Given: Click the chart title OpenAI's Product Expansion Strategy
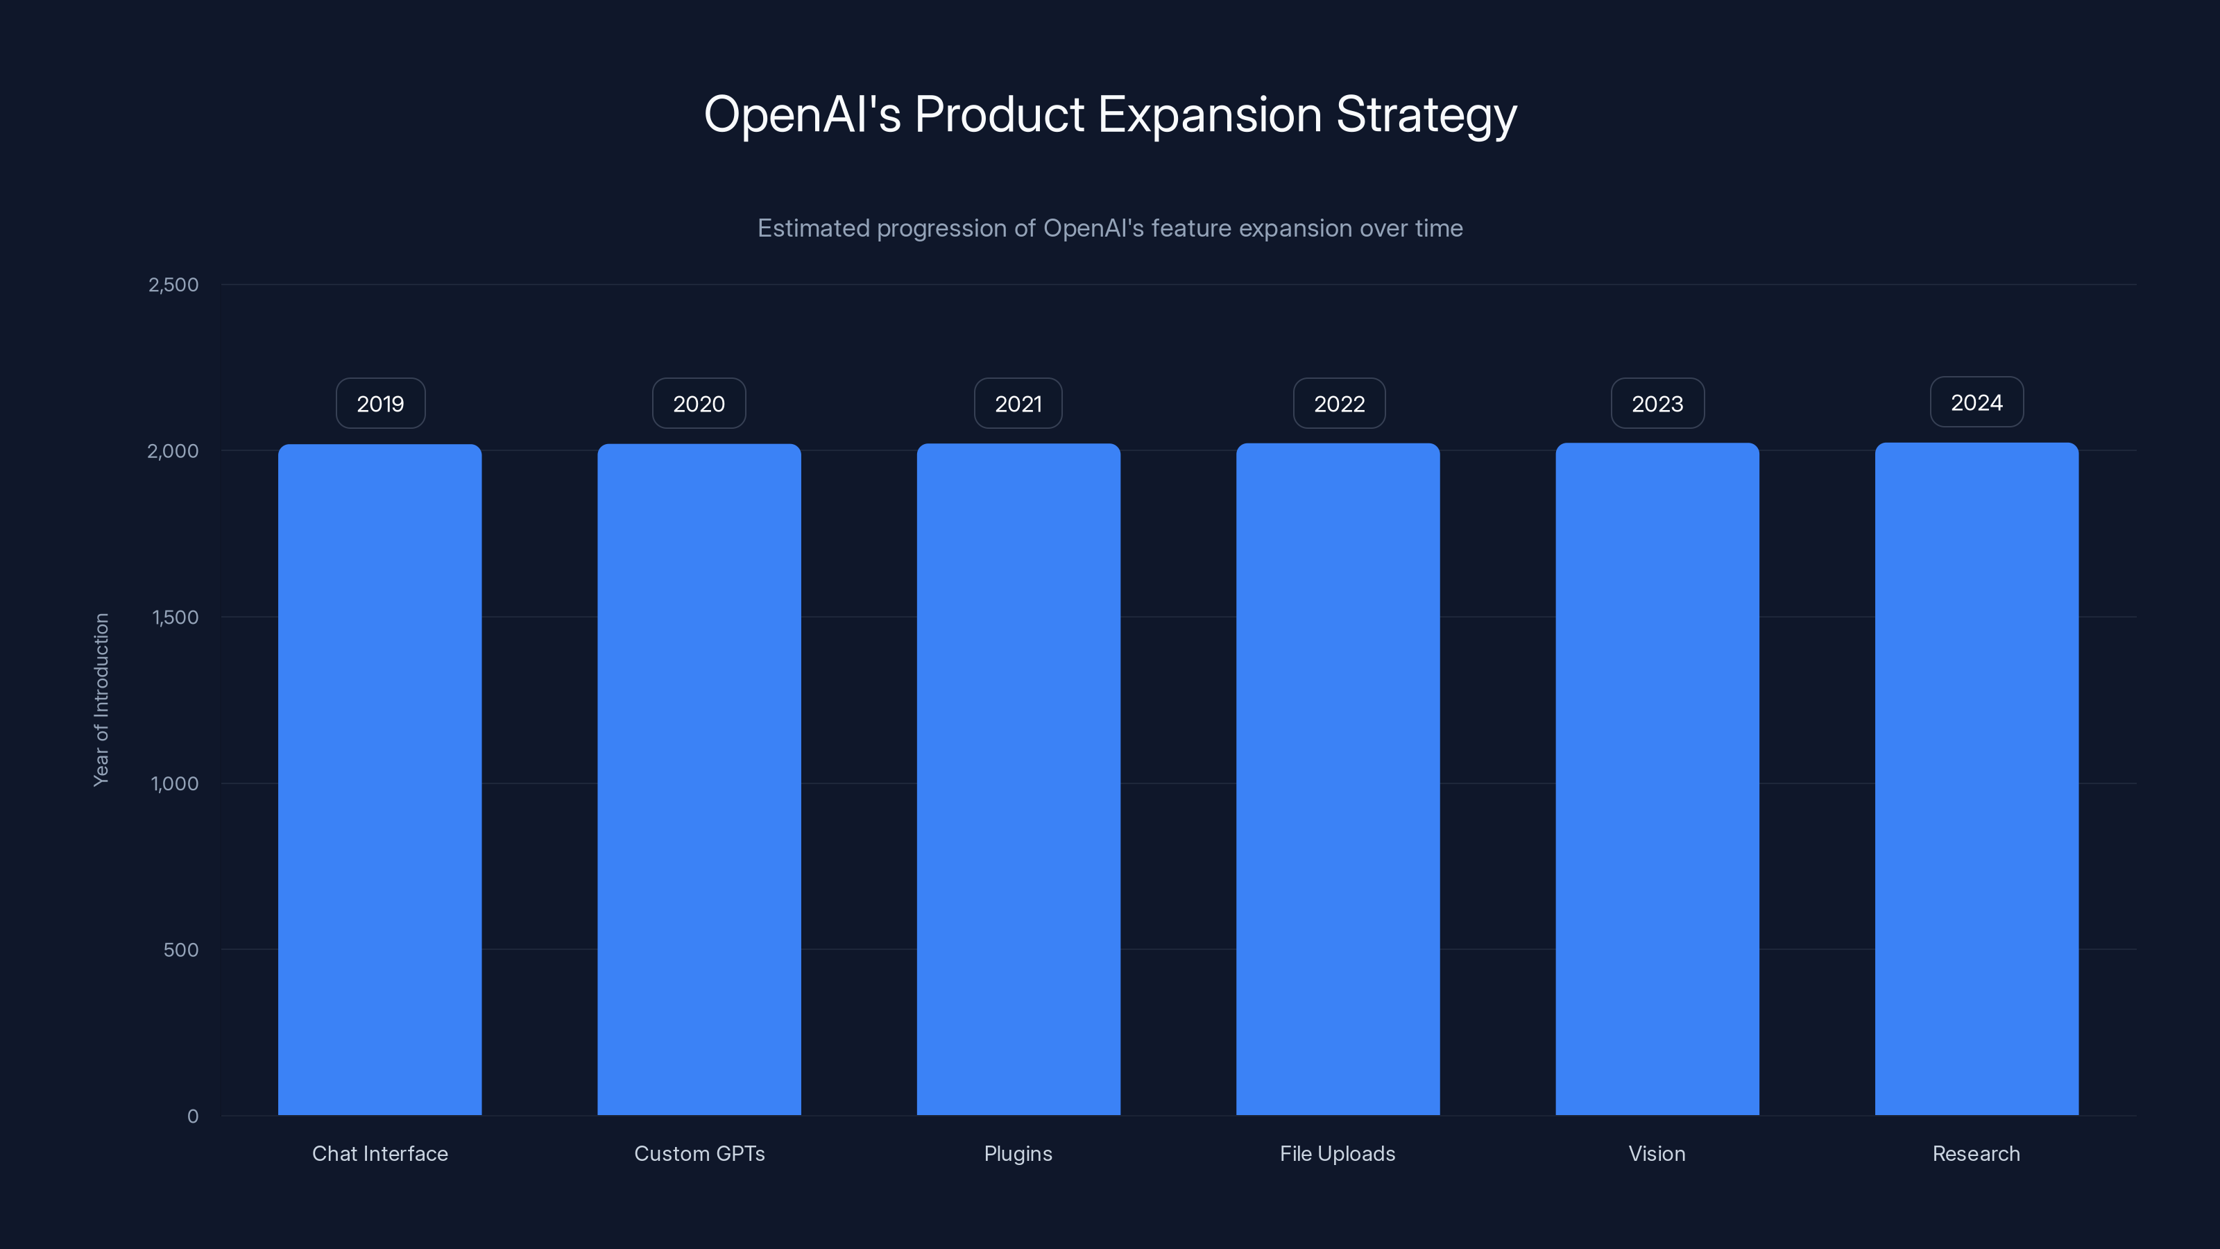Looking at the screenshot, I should point(1110,114).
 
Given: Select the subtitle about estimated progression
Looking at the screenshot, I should point(1110,228).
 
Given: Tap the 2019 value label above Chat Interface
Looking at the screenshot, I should point(380,403).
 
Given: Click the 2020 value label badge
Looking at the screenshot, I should point(699,403).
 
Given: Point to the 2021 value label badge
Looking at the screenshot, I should point(1018,403).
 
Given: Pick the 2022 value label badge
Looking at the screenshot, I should point(1339,403).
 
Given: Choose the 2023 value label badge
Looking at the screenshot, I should point(1657,403).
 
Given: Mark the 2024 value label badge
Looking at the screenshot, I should point(1976,402).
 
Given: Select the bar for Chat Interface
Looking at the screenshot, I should point(380,780).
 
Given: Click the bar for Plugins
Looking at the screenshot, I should point(1018,780).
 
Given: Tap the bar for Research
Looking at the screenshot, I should point(1976,780).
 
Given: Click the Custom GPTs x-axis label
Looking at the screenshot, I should point(699,1153).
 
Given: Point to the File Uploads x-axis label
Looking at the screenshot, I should point(1338,1153).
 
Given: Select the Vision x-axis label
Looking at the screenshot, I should point(1657,1153).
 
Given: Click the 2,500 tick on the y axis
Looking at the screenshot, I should point(173,284).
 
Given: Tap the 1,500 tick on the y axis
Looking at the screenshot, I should point(175,617).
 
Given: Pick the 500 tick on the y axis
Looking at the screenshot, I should point(181,950).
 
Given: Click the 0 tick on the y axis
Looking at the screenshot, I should point(193,1116).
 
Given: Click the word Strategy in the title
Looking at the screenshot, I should point(1426,114).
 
